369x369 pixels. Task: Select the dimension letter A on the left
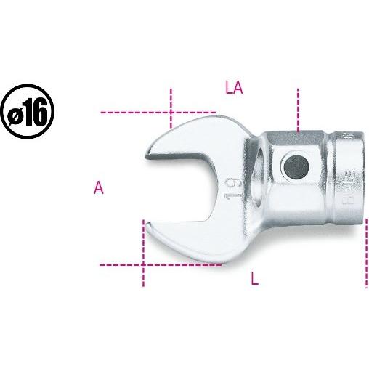99,188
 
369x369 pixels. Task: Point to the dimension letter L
254,279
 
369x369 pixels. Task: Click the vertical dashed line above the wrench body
297,108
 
